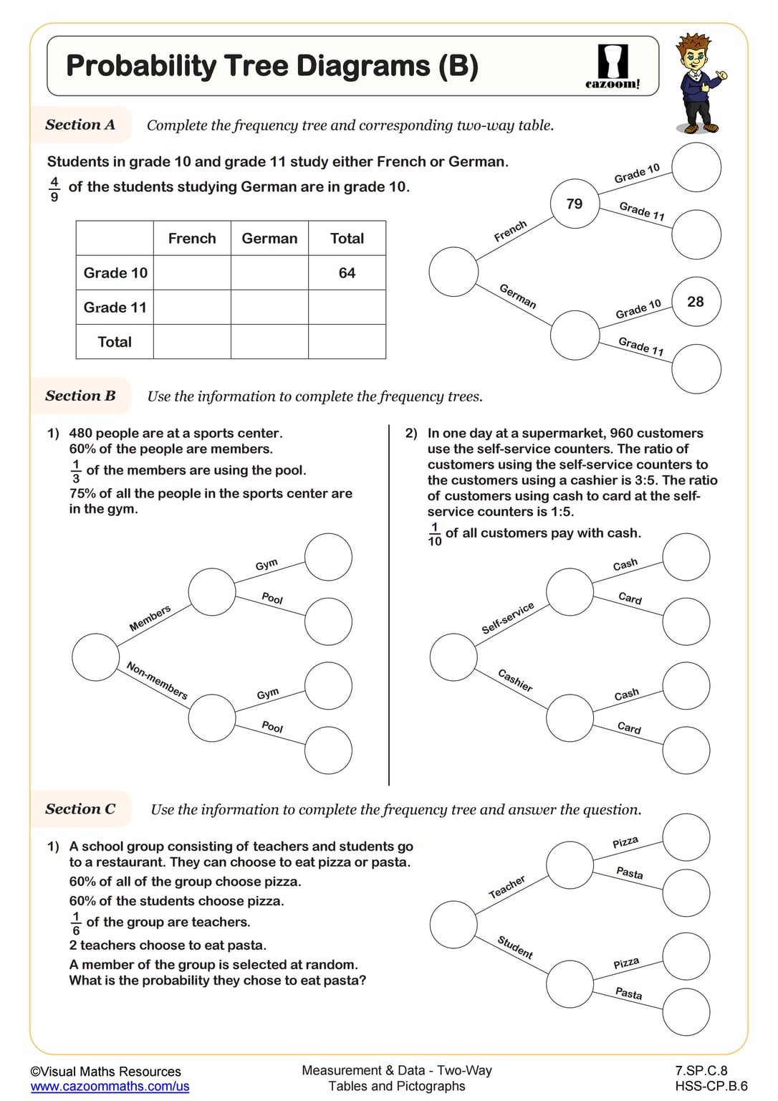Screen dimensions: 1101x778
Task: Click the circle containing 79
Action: point(575,204)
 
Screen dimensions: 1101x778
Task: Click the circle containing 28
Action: point(696,302)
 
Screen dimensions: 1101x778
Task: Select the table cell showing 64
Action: point(347,273)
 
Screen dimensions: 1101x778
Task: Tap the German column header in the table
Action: point(269,239)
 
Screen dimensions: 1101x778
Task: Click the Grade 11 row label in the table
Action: point(115,308)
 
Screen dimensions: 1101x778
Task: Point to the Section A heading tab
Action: point(80,125)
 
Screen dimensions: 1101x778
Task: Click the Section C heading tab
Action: point(80,809)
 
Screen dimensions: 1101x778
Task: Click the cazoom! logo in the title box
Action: point(613,67)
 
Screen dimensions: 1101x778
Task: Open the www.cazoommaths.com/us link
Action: point(110,1087)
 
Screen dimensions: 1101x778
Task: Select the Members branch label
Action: point(150,618)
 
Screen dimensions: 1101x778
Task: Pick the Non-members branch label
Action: point(157,680)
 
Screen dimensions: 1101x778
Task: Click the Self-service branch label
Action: point(507,618)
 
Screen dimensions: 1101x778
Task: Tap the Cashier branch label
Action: point(515,680)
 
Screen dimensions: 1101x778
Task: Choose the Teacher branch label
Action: point(506,887)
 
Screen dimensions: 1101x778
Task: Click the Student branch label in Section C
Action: point(515,948)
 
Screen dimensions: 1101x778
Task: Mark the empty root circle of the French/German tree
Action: point(453,272)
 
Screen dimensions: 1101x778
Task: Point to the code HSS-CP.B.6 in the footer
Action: point(711,1086)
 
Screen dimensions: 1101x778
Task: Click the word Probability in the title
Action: point(140,66)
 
